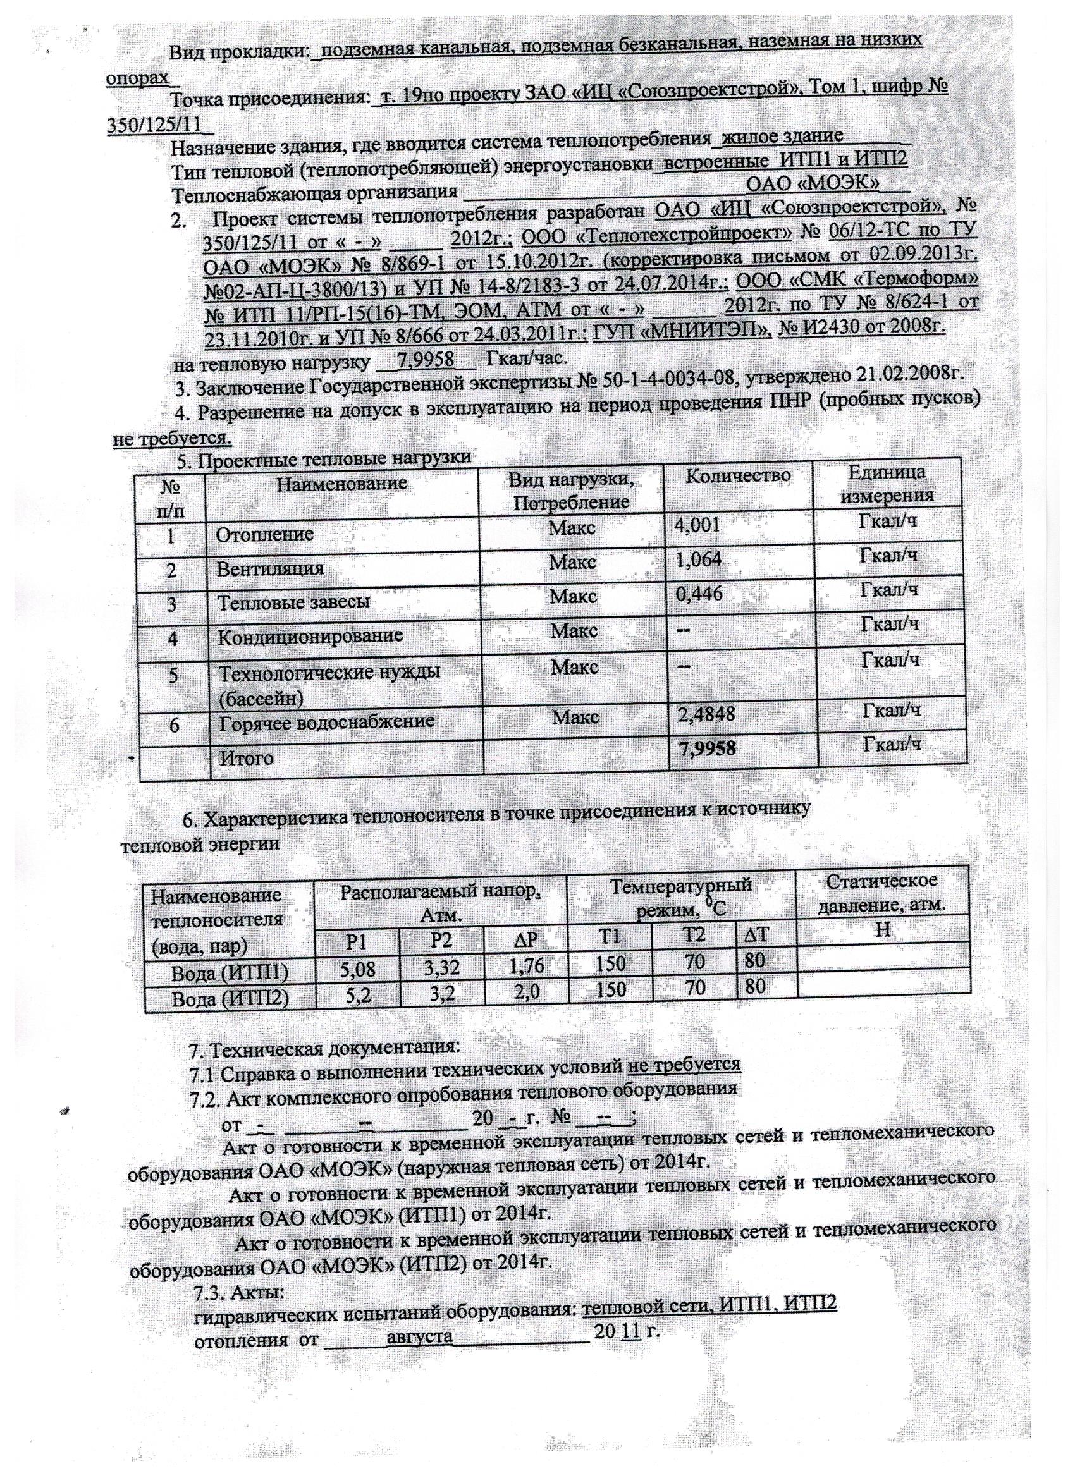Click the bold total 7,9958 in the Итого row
pos(708,748)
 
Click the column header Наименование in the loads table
pos(341,484)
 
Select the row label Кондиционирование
pos(310,636)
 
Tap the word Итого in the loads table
pos(247,759)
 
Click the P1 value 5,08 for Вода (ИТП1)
pos(358,970)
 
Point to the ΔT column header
pos(756,935)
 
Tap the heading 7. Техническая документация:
pos(324,1048)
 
